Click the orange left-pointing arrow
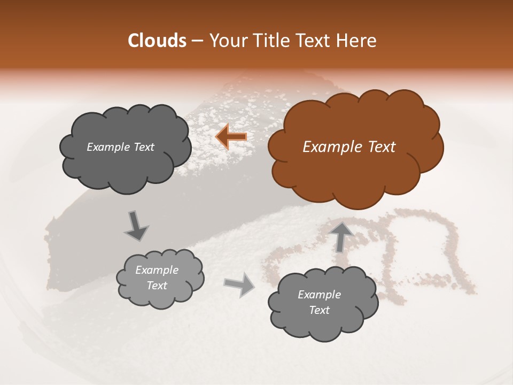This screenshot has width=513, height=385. click(x=231, y=137)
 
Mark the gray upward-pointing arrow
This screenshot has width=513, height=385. click(x=341, y=236)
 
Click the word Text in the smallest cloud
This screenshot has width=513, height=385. click(x=157, y=286)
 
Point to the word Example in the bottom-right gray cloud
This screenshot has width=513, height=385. click(x=319, y=295)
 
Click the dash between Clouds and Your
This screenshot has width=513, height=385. click(x=197, y=41)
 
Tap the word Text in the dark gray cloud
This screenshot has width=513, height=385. click(x=143, y=147)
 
